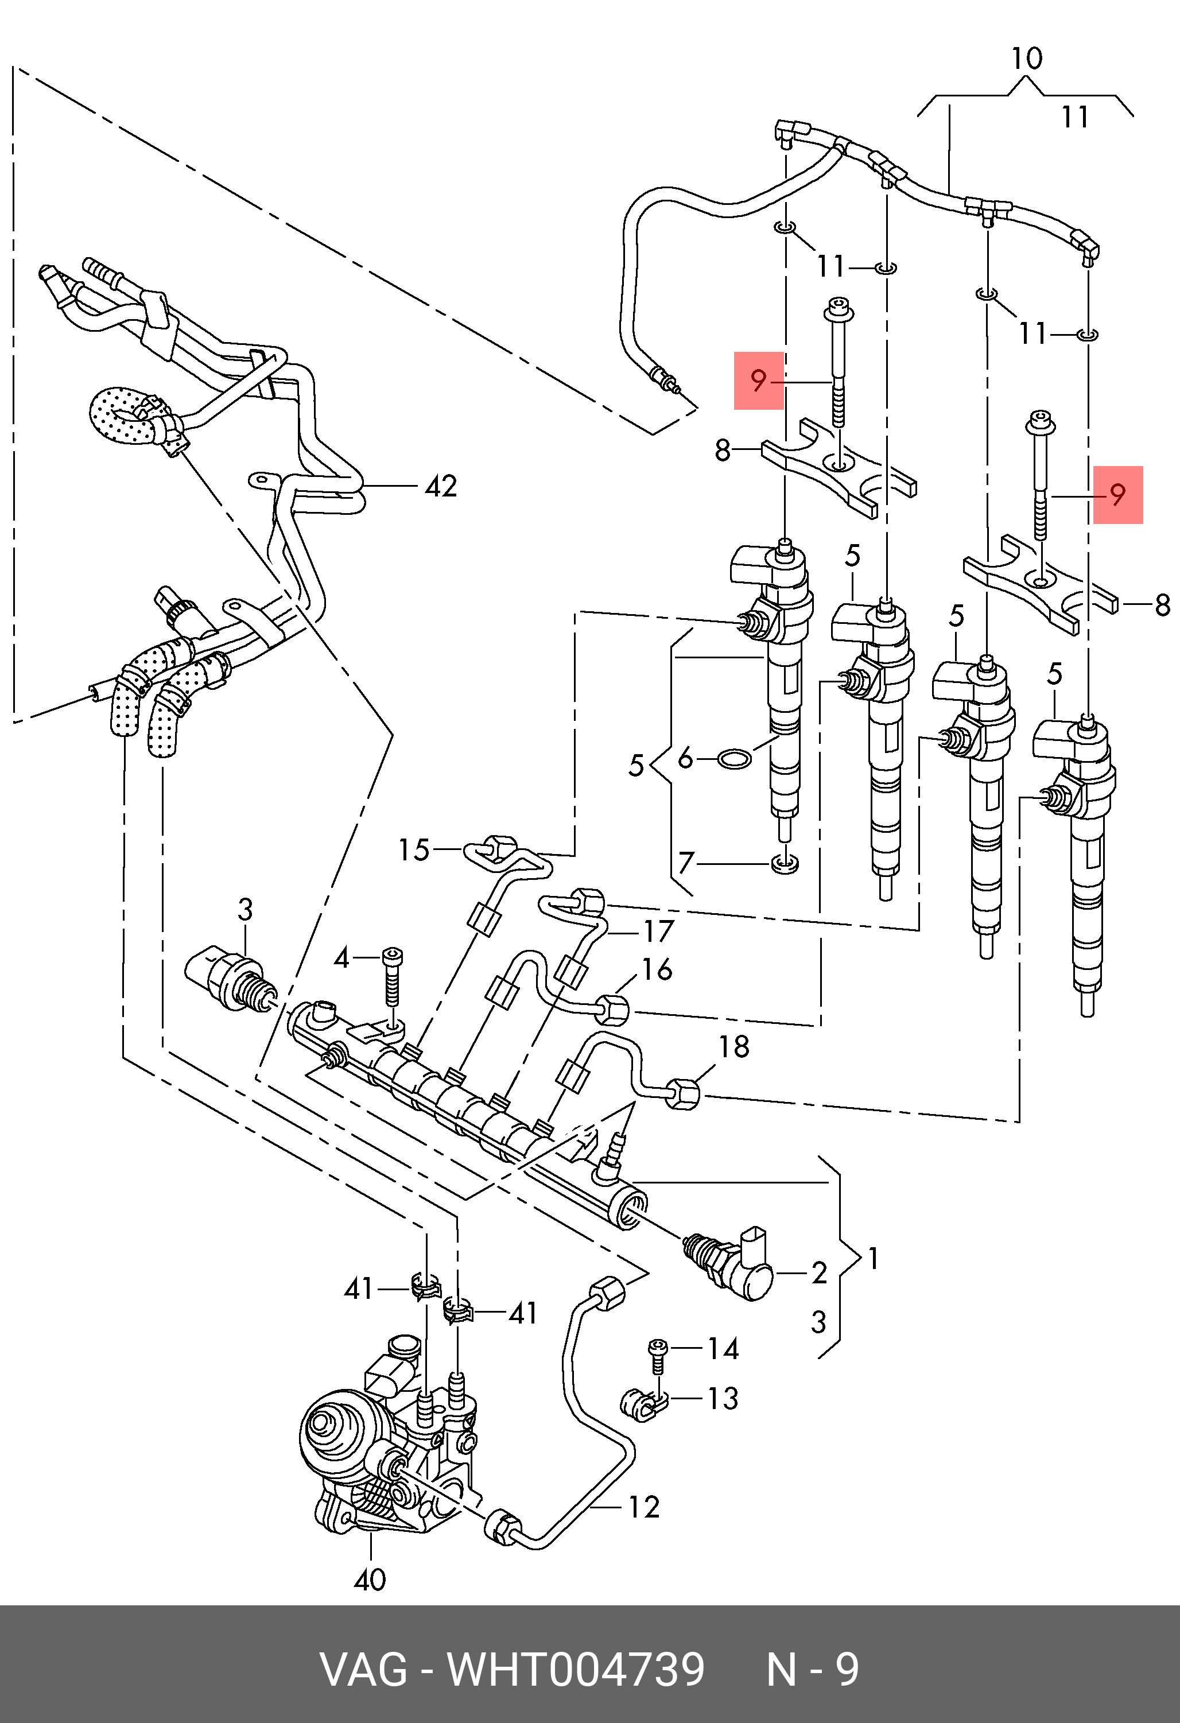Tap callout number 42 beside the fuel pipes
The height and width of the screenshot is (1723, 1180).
point(440,486)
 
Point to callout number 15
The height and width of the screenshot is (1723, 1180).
point(414,849)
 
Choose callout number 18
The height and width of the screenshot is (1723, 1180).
point(734,1046)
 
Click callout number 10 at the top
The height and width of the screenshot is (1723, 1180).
point(1027,58)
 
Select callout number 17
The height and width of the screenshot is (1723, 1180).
point(658,930)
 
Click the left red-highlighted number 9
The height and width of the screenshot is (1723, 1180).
point(758,381)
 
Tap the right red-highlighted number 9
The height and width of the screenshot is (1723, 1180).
point(1118,495)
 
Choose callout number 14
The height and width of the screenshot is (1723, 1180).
point(723,1349)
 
